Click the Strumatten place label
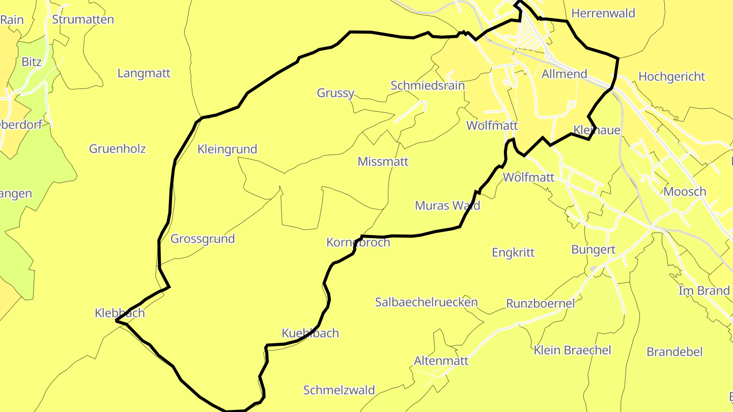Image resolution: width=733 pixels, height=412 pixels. [83, 20]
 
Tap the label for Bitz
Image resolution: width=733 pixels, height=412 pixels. [32, 62]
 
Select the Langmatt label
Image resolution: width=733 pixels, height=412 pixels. [144, 73]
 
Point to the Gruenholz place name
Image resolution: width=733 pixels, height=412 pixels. [118, 149]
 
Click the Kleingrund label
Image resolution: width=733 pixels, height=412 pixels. [227, 150]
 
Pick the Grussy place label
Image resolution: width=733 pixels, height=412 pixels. [335, 93]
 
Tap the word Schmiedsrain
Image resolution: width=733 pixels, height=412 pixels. [428, 85]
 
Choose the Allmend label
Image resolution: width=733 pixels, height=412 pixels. [565, 74]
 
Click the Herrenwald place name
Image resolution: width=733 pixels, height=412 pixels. [603, 13]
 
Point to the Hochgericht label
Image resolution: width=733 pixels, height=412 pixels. [671, 77]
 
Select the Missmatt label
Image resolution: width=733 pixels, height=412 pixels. [383, 162]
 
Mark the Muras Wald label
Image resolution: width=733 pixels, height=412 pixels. [447, 205]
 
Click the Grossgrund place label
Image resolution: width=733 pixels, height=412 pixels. [203, 239]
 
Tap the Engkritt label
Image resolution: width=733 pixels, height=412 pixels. [513, 252]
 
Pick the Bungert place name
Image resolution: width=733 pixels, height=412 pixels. [594, 250]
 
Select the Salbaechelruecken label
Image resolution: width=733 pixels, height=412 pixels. [427, 302]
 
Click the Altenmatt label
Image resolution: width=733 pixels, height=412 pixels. [441, 361]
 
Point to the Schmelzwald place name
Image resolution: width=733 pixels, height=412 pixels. [339, 390]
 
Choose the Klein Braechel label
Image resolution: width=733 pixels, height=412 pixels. [572, 350]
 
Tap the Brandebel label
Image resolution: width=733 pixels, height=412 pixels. [674, 352]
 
